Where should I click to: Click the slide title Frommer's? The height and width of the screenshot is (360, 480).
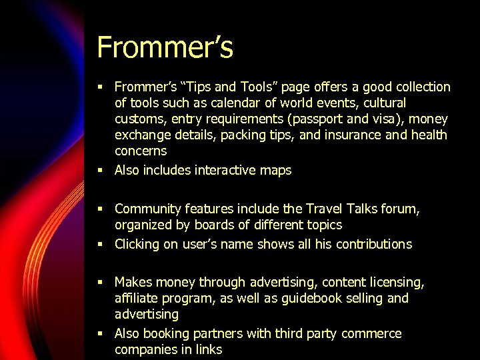pyautogui.click(x=165, y=47)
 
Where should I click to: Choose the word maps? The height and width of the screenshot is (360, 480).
pyautogui.click(x=275, y=171)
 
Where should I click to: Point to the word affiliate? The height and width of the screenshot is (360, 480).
pyautogui.click(x=137, y=298)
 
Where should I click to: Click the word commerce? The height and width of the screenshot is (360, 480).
pyautogui.click(x=371, y=333)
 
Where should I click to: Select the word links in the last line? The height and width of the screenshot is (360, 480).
pyautogui.click(x=208, y=349)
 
